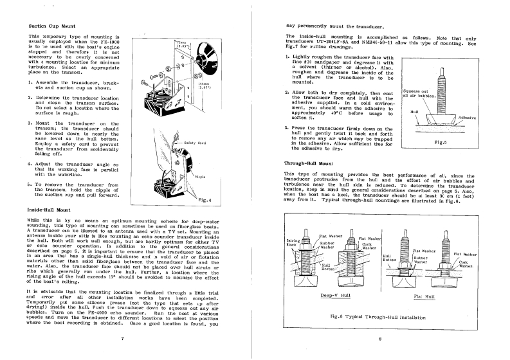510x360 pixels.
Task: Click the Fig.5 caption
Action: click(441, 142)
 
